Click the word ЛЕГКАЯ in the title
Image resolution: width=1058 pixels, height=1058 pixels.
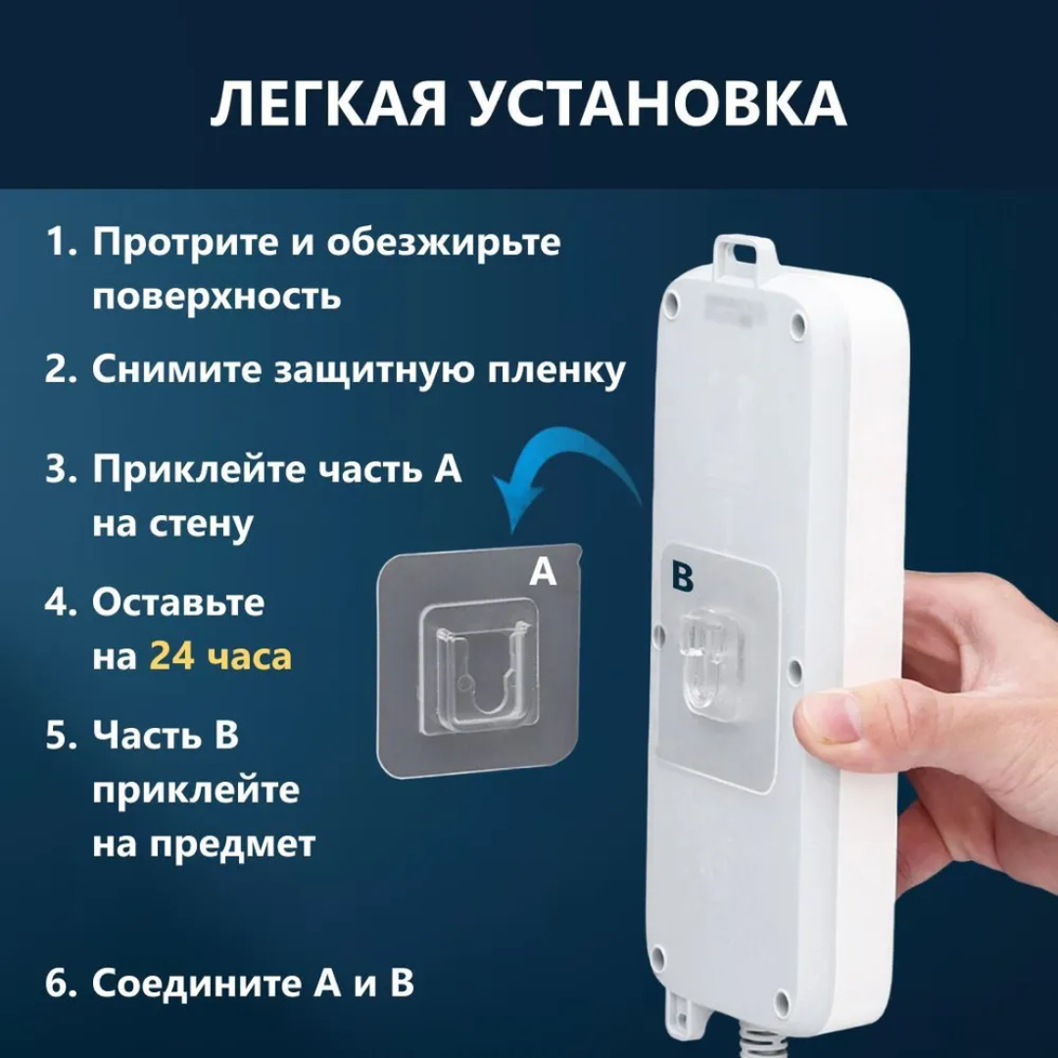[x=328, y=104]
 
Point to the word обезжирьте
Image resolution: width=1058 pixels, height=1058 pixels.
[x=444, y=243]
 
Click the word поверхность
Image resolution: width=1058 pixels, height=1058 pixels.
[x=216, y=296]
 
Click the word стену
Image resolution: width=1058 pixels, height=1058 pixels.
[x=201, y=526]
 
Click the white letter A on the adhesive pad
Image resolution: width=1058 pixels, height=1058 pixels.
[x=543, y=571]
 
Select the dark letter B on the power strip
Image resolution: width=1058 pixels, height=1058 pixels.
[x=682, y=577]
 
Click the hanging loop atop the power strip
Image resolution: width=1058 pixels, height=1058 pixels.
[x=744, y=253]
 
